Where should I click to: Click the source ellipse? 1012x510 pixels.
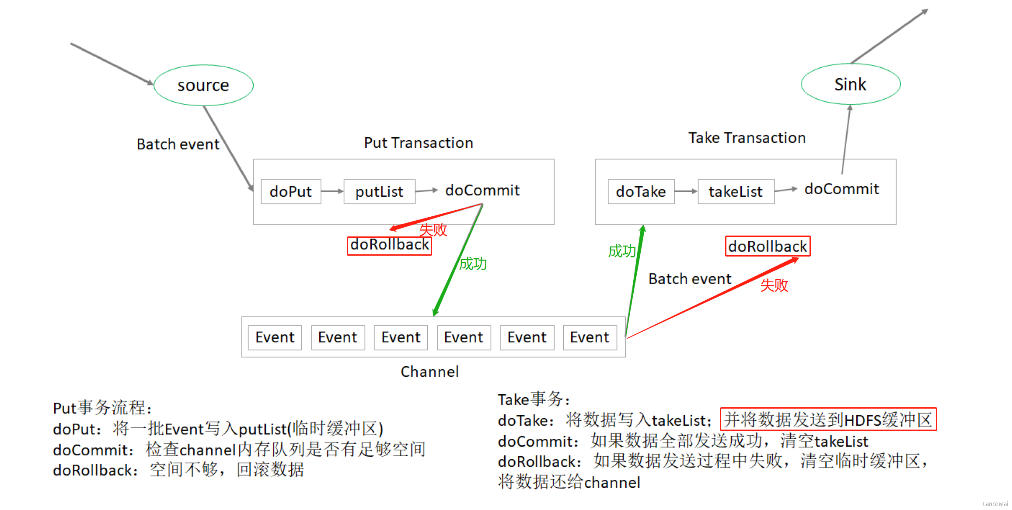point(203,85)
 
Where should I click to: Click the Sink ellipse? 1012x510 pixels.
point(850,84)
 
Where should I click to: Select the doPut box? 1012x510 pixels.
point(291,191)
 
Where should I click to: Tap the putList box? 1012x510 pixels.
point(379,191)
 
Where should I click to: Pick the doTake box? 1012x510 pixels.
point(641,191)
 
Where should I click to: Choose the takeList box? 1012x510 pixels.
point(736,191)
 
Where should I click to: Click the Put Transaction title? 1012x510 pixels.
point(419,143)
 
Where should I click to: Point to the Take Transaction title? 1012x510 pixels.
point(747,138)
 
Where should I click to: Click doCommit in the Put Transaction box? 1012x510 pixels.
point(482,190)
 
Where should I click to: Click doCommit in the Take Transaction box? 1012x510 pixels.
point(841,189)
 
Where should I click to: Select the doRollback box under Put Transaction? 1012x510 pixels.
point(389,245)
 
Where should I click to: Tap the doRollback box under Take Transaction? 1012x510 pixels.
point(768,246)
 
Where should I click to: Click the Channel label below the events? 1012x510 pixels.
point(429,371)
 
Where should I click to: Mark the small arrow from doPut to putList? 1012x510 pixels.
point(332,191)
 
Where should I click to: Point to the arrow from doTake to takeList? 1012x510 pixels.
point(686,191)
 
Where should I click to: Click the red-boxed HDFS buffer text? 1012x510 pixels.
point(828,420)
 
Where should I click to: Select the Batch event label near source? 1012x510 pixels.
point(178,144)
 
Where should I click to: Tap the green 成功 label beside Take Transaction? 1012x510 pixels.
point(621,251)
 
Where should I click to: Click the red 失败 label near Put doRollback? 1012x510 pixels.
point(433,229)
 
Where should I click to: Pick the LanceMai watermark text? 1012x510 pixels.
point(995,504)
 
